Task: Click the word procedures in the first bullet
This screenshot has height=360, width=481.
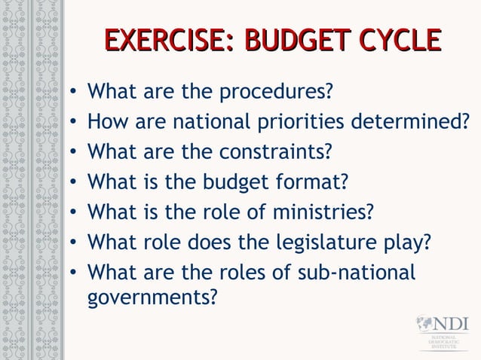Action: click(x=276, y=93)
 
